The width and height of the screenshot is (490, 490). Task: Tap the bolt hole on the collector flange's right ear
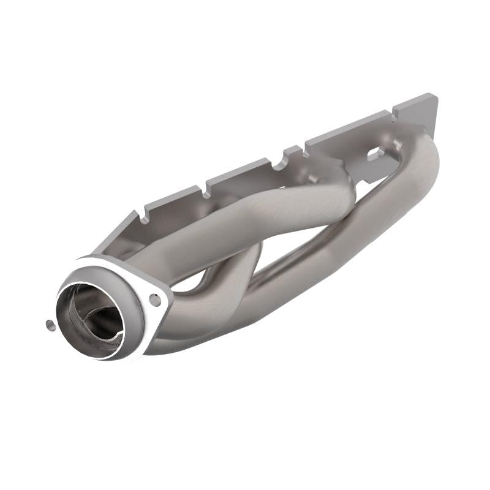point(156,300)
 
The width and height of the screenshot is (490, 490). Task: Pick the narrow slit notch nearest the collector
point(146,214)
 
